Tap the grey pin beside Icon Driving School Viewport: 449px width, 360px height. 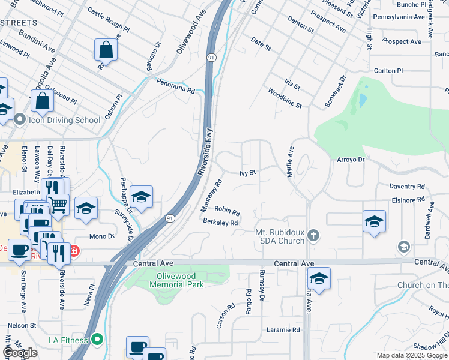pyautogui.click(x=20, y=120)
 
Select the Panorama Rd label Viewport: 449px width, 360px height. pyautogui.click(x=176, y=86)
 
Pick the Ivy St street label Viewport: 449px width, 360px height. pyautogui.click(x=248, y=173)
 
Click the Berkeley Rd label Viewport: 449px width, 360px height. pyautogui.click(x=221, y=222)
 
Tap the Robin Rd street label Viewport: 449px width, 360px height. pyautogui.click(x=227, y=211)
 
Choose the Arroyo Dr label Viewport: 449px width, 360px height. pyautogui.click(x=351, y=160)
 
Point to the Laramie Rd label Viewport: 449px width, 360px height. pyautogui.click(x=283, y=330)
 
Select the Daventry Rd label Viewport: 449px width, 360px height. pyautogui.click(x=407, y=187)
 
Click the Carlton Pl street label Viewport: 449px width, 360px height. pyautogui.click(x=388, y=71)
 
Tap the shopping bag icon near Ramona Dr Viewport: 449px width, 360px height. pyautogui.click(x=106, y=50)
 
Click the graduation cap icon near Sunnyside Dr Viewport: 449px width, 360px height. pyautogui.click(x=141, y=197)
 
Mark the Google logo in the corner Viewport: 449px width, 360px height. pyautogui.click(x=20, y=353)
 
